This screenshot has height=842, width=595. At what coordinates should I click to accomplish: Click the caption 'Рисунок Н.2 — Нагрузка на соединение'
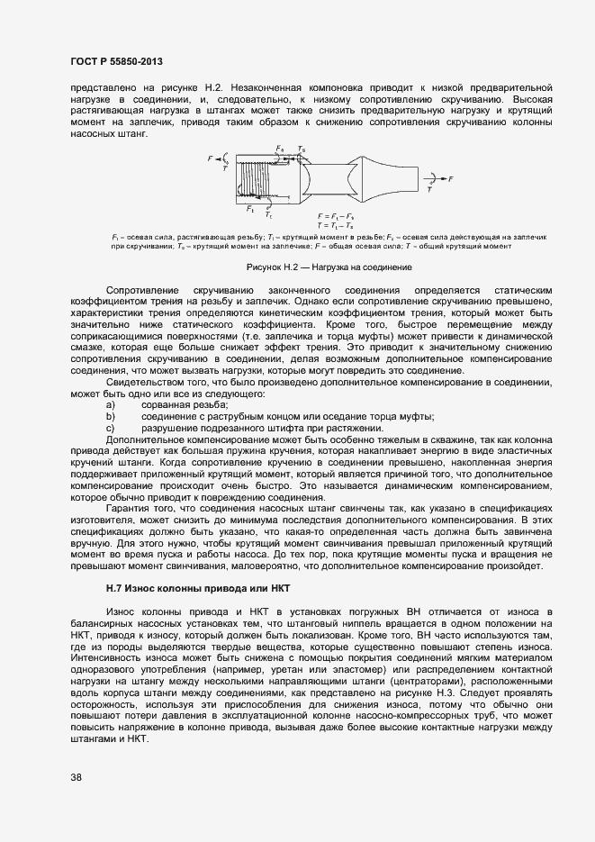[329, 267]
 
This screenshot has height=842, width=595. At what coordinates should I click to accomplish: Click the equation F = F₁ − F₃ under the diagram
[335, 217]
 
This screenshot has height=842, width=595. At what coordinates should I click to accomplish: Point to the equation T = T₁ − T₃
[335, 225]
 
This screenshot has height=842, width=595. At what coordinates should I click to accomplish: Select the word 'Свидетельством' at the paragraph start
[146, 383]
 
